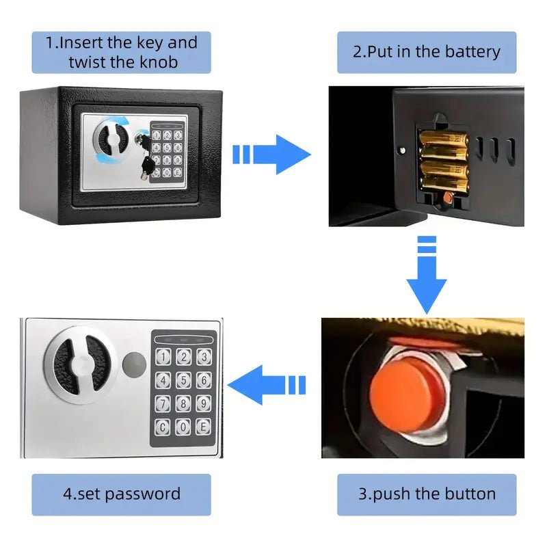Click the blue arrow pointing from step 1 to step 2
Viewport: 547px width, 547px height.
(x=271, y=155)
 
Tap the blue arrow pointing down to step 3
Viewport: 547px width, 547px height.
(x=427, y=275)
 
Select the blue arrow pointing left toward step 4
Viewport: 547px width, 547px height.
(x=267, y=385)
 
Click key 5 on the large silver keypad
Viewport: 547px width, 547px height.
(x=183, y=380)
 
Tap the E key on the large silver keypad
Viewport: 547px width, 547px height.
(x=203, y=427)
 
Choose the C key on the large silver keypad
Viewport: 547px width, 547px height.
(x=163, y=427)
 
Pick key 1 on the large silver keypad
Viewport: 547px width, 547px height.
(x=163, y=357)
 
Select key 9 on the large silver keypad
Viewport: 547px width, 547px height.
(x=203, y=403)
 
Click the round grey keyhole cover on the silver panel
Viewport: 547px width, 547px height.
(x=134, y=364)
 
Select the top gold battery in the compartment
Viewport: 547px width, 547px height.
(x=444, y=139)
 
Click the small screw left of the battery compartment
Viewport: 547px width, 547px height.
(x=403, y=150)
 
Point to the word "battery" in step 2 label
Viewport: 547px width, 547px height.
(x=472, y=53)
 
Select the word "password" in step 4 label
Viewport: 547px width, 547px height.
(x=143, y=494)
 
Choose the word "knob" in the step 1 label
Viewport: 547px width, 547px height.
(x=159, y=62)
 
